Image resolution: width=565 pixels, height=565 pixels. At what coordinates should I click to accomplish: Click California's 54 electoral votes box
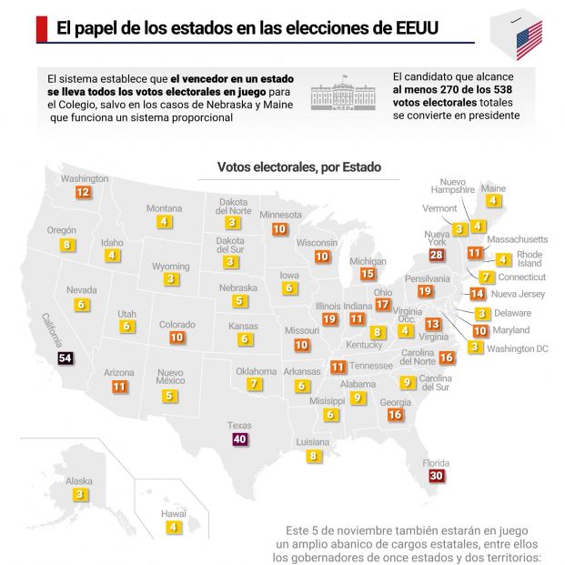65,358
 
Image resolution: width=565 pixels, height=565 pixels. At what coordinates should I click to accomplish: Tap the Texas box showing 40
240,439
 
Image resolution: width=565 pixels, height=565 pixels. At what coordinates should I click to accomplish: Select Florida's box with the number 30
436,475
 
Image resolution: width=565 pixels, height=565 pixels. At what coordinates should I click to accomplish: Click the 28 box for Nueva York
436,255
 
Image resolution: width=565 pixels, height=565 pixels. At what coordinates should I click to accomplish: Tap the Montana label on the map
165,207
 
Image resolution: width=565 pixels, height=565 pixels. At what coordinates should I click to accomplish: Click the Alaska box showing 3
80,494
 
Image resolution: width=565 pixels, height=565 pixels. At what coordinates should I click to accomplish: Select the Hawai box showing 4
172,526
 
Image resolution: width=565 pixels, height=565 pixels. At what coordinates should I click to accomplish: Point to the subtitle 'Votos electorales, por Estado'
299,167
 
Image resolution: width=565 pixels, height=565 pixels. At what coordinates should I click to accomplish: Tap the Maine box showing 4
493,200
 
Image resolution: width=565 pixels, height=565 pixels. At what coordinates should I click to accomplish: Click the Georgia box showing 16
395,414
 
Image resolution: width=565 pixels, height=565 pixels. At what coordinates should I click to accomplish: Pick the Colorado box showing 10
177,337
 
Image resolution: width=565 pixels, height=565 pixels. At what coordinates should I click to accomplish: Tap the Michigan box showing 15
368,273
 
